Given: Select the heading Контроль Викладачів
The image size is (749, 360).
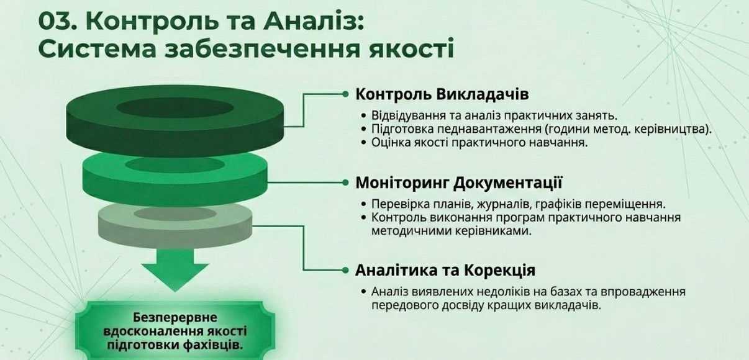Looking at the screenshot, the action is pyautogui.click(x=442, y=94).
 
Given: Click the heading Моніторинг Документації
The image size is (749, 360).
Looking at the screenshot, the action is pyautogui.click(x=459, y=183).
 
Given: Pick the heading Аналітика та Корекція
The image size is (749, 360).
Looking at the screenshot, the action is pyautogui.click(x=445, y=270).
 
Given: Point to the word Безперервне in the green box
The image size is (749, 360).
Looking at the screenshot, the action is pyautogui.click(x=175, y=317).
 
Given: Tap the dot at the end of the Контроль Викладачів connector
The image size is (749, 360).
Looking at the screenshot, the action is pyautogui.click(x=345, y=94).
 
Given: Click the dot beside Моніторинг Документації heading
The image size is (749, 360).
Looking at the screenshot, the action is pyautogui.click(x=345, y=182).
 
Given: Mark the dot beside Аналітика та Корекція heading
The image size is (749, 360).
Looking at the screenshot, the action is pyautogui.click(x=345, y=271).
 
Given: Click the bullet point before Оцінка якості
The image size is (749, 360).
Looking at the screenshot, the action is pyautogui.click(x=364, y=143).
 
